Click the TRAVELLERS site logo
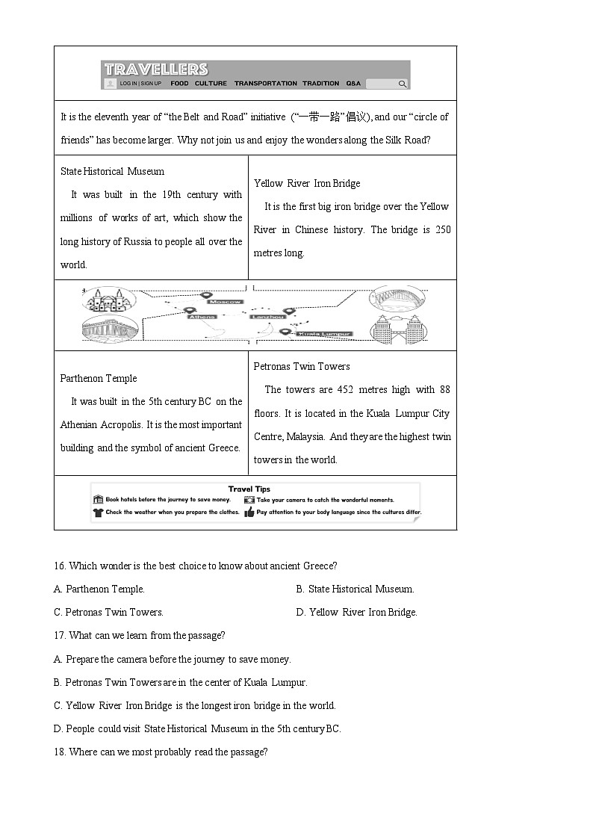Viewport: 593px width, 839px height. tap(156, 69)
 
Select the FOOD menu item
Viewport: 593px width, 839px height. tap(179, 84)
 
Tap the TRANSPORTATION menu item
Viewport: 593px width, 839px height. tap(265, 84)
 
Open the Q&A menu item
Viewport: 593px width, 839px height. tap(353, 84)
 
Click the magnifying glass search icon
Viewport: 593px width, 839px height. tap(403, 84)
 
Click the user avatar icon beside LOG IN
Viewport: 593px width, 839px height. tap(111, 84)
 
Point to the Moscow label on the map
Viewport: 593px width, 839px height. tap(226, 301)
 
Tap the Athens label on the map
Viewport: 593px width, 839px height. tap(202, 317)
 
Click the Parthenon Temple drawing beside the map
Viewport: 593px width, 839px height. tap(109, 330)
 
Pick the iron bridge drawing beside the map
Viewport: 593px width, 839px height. tap(397, 298)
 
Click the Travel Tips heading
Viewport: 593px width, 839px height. tap(249, 489)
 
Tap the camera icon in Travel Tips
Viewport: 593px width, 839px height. tap(249, 500)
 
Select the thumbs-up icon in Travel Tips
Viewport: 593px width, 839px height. tap(249, 513)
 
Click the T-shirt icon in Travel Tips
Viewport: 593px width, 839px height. tap(98, 513)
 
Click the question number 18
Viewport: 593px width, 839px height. tap(59, 752)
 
